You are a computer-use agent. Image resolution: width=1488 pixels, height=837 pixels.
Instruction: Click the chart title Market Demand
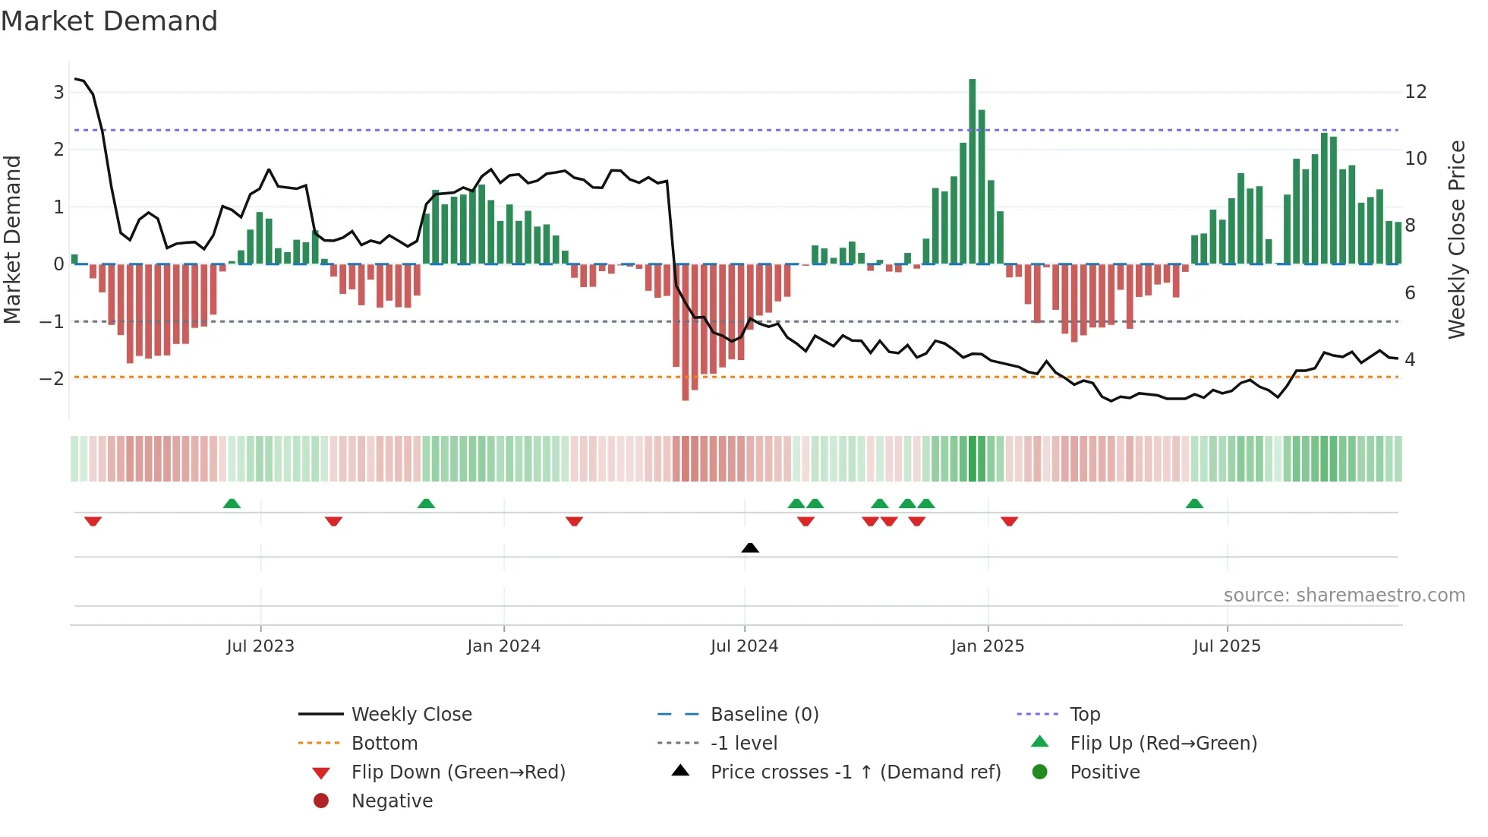109,21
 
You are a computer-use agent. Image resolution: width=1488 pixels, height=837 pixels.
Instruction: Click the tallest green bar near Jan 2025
972,171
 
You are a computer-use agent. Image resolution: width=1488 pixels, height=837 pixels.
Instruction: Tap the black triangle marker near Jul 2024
749,548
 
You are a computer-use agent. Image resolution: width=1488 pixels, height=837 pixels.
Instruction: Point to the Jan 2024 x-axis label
503,646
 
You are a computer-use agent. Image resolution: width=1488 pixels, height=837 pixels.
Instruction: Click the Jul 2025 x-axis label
1226,646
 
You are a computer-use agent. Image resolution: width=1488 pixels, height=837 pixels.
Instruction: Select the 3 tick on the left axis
58,93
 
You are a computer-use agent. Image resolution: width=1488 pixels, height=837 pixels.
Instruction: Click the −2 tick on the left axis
52,378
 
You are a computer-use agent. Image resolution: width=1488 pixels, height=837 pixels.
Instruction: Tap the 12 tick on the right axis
1416,92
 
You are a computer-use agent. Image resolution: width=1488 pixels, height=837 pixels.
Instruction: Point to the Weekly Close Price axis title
1456,239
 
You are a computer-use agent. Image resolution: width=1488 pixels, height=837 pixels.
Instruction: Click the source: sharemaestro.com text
1344,595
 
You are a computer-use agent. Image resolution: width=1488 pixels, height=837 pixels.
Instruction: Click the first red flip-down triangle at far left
93,521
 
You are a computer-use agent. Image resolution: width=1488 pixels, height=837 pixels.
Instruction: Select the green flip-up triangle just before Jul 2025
1194,504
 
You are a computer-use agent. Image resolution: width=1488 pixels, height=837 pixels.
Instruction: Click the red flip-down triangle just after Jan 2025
1009,521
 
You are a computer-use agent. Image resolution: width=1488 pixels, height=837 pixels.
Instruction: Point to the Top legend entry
1084,715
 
